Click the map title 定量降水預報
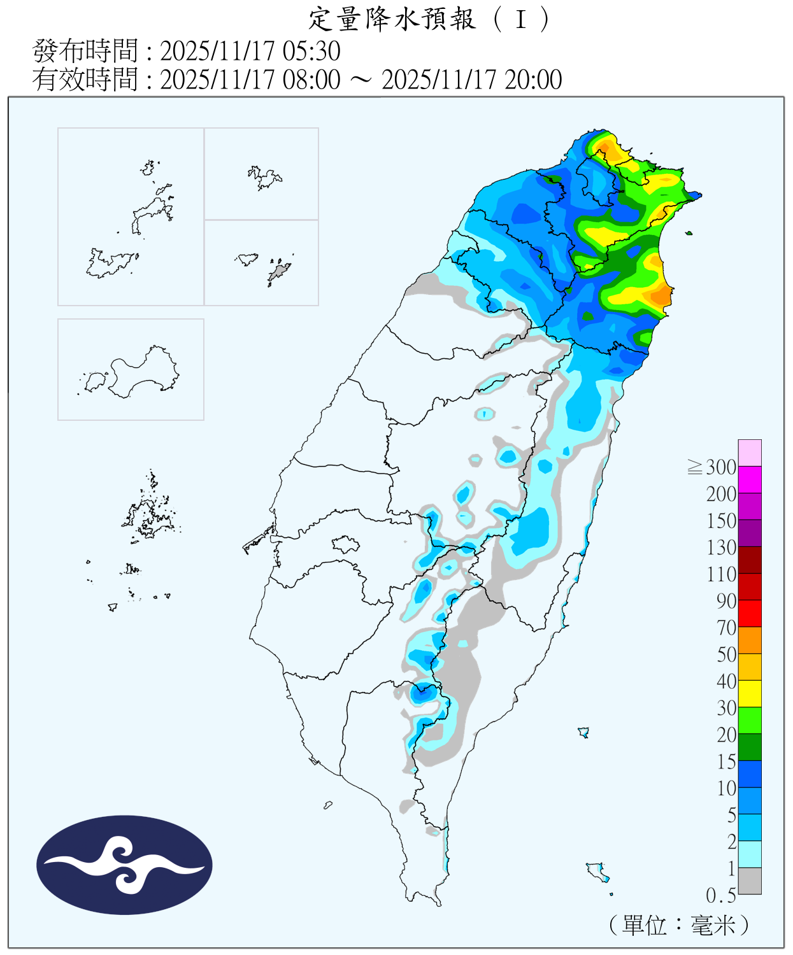click(x=392, y=19)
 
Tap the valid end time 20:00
click(x=533, y=80)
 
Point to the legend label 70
click(x=726, y=628)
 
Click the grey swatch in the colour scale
click(x=750, y=881)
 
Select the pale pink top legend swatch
click(x=750, y=453)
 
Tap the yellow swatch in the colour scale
click(x=750, y=694)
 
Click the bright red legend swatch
click(x=750, y=614)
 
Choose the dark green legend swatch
click(x=750, y=747)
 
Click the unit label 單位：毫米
click(x=679, y=925)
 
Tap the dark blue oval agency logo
click(x=124, y=865)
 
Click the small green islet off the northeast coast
click(x=689, y=233)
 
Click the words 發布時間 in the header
click(x=85, y=52)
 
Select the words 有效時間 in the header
click(x=85, y=80)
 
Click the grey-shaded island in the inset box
click(x=278, y=273)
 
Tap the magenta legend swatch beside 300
click(x=750, y=479)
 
